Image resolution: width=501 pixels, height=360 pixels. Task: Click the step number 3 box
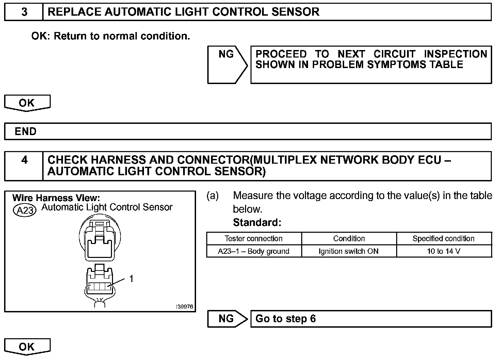coord(24,12)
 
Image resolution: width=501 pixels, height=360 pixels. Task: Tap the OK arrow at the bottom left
coord(27,346)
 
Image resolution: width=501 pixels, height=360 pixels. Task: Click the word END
coord(26,131)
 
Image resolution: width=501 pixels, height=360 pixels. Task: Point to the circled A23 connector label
coord(25,210)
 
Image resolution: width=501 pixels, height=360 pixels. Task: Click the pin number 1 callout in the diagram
coord(131,279)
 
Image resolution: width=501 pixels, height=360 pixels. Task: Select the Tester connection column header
coord(254,239)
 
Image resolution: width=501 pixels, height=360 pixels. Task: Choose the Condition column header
coord(349,239)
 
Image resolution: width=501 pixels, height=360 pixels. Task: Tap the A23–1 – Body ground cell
coord(254,251)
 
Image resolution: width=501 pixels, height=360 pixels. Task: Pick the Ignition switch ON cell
coord(349,251)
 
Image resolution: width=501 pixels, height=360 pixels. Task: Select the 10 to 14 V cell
coord(443,251)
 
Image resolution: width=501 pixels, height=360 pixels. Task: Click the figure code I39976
coord(184,307)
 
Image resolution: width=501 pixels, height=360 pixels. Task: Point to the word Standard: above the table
coord(257,223)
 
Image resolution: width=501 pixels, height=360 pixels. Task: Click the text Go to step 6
coord(286,319)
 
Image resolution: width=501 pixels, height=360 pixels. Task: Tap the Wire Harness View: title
coord(56,198)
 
